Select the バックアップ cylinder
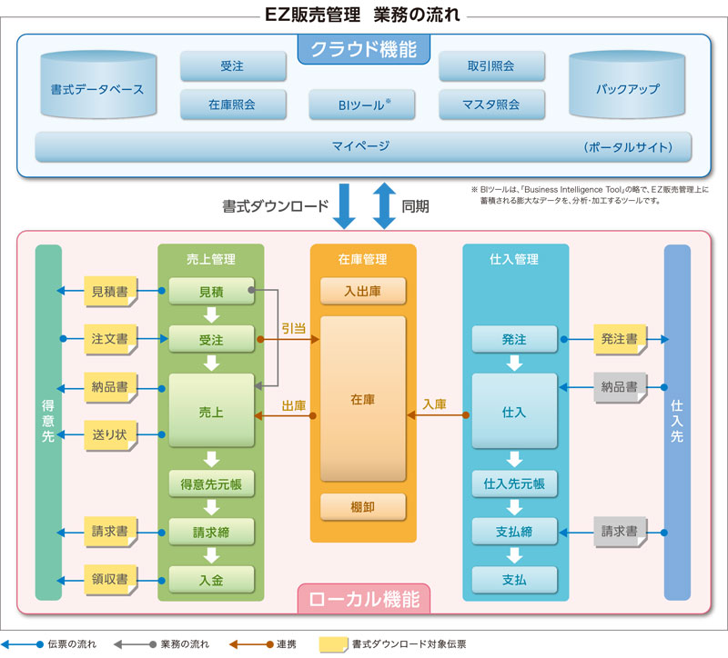click(627, 89)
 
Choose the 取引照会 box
click(491, 66)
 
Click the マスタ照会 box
click(491, 105)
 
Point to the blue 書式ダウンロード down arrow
click(345, 205)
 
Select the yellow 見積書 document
click(109, 292)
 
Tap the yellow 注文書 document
click(109, 339)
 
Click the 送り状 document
click(109, 434)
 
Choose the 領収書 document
click(109, 578)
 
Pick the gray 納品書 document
click(619, 387)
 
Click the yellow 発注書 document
click(619, 339)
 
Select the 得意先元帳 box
click(211, 483)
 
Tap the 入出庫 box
click(362, 292)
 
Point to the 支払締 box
click(514, 531)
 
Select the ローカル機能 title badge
click(364, 599)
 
